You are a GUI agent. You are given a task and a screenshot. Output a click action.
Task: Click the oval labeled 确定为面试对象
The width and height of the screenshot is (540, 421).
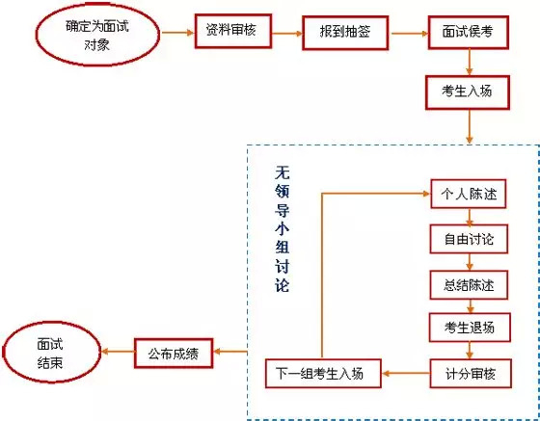click(96, 34)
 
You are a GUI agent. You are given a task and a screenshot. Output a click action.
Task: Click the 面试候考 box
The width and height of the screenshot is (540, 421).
click(469, 32)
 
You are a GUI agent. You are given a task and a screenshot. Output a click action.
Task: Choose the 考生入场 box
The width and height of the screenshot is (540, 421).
click(469, 91)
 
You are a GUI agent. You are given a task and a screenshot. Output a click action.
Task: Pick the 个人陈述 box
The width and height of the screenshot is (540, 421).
click(469, 193)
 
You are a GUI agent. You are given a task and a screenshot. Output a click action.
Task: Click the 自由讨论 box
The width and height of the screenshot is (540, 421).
click(469, 238)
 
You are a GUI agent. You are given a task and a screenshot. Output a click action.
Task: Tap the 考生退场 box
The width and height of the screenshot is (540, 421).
click(469, 328)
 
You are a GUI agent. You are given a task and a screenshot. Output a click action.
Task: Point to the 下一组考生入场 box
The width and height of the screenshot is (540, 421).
click(324, 371)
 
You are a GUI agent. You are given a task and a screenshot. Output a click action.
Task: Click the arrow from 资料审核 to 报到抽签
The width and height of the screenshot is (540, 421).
click(287, 32)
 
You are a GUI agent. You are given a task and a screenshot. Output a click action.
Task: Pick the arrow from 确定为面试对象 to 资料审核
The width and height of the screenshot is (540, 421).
click(176, 32)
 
